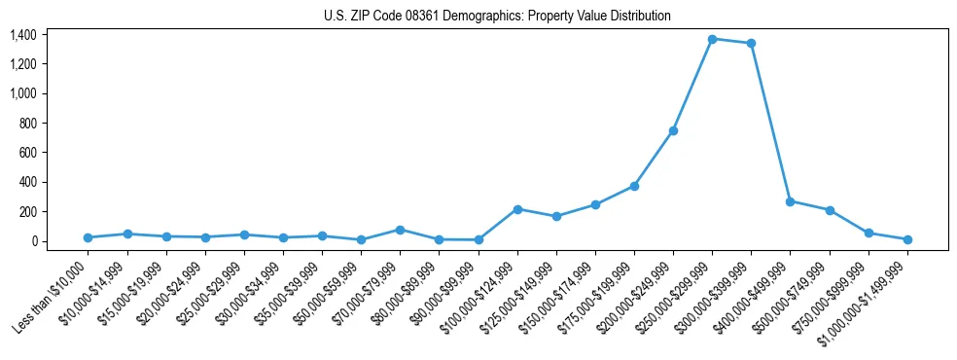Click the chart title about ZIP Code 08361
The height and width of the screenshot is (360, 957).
pyautogui.click(x=497, y=17)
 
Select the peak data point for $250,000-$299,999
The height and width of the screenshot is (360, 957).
pyautogui.click(x=712, y=39)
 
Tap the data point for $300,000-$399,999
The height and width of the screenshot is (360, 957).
pyautogui.click(x=751, y=43)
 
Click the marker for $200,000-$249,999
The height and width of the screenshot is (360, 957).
pyautogui.click(x=673, y=130)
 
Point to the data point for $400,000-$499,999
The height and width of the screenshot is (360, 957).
pyautogui.click(x=790, y=201)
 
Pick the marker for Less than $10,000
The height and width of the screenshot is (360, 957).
pyautogui.click(x=88, y=237)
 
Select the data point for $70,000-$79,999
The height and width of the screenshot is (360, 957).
pyautogui.click(x=400, y=230)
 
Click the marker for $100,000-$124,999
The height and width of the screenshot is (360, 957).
pyautogui.click(x=517, y=209)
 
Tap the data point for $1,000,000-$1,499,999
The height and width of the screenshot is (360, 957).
pyautogui.click(x=907, y=239)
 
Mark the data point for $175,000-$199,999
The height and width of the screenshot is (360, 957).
pyautogui.click(x=634, y=186)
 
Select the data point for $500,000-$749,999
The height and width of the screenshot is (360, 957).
pyautogui.click(x=830, y=210)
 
